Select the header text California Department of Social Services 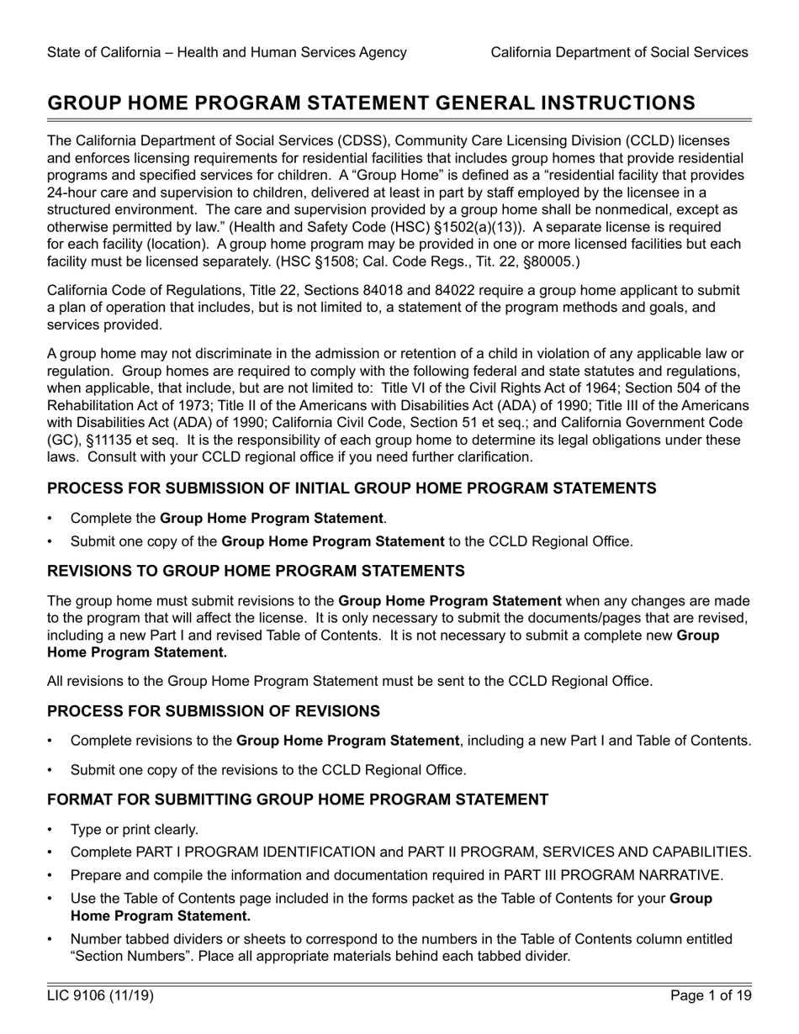(x=619, y=52)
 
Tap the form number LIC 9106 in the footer (x=100, y=996)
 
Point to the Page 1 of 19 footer (x=711, y=996)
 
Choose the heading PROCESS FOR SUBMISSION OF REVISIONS (x=214, y=712)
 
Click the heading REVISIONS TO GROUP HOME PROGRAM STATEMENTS (x=256, y=572)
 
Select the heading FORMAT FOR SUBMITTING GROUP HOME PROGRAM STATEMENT (x=298, y=799)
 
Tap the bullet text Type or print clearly (x=135, y=830)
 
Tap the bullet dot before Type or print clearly (x=51, y=830)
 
